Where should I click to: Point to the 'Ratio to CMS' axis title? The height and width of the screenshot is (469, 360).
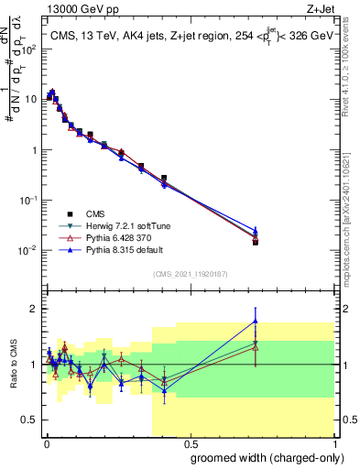point(13,365)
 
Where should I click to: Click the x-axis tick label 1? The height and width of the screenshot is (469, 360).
point(333,442)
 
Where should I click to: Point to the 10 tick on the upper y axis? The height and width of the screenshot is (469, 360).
point(30,100)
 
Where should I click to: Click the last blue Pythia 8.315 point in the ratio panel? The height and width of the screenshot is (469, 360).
point(256,321)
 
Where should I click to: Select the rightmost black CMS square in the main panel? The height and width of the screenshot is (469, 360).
point(256,242)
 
